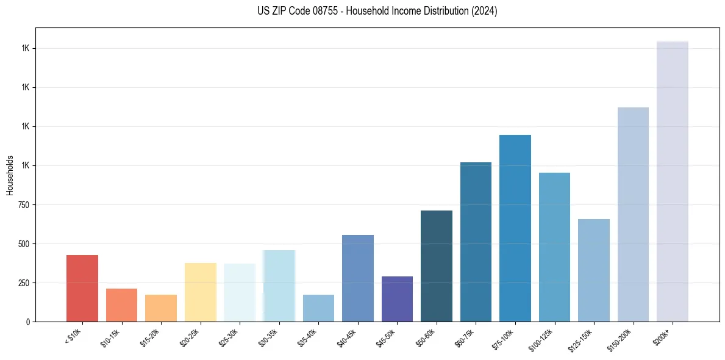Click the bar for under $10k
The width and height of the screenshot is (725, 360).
82,288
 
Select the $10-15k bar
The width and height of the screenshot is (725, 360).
121,305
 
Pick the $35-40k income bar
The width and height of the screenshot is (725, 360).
318,308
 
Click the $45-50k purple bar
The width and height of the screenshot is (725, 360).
397,299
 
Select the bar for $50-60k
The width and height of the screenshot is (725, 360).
437,266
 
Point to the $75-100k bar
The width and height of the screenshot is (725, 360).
515,228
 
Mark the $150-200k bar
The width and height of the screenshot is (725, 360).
633,214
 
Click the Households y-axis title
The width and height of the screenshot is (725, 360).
10,175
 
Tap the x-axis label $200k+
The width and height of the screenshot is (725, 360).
663,335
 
